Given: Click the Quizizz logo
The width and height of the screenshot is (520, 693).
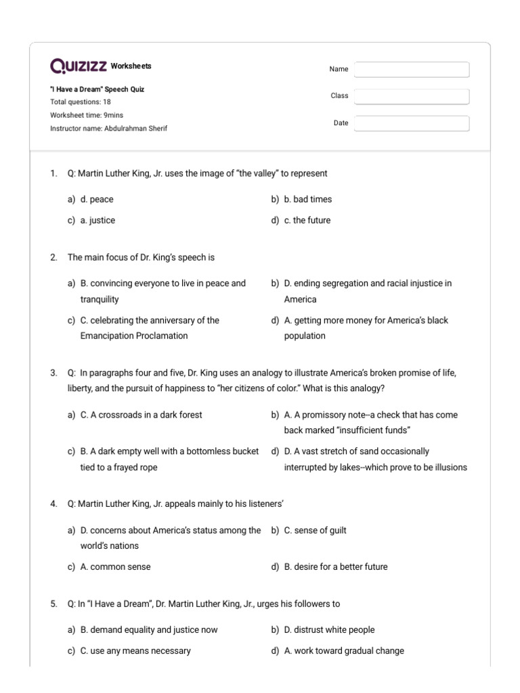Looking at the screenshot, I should click(79, 66).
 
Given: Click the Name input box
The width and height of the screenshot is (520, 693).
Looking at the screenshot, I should click(412, 70).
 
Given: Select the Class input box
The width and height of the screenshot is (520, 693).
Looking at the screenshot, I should click(412, 96).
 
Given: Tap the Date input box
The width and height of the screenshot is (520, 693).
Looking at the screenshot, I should click(412, 123).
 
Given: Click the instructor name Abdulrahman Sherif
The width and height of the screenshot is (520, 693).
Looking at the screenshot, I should click(135, 129).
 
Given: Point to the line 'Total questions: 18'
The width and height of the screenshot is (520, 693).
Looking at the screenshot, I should click(81, 102).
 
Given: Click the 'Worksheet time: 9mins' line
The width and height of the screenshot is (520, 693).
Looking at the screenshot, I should click(87, 115).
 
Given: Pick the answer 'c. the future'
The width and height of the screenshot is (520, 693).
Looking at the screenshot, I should click(307, 221).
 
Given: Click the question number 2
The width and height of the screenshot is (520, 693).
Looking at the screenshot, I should click(53, 258).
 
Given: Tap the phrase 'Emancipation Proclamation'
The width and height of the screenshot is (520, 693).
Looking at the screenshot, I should click(134, 336).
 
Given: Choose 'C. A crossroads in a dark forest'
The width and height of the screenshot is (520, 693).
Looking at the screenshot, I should click(141, 415).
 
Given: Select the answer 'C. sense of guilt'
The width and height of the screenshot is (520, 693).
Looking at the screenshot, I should click(315, 531).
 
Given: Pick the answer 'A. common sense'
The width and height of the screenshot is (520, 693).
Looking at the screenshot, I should click(115, 567).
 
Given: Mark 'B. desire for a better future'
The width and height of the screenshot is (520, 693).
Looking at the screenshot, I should click(336, 567).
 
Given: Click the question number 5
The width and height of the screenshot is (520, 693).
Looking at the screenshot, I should click(53, 604).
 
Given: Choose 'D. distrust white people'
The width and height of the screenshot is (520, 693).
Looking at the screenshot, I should click(329, 630).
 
